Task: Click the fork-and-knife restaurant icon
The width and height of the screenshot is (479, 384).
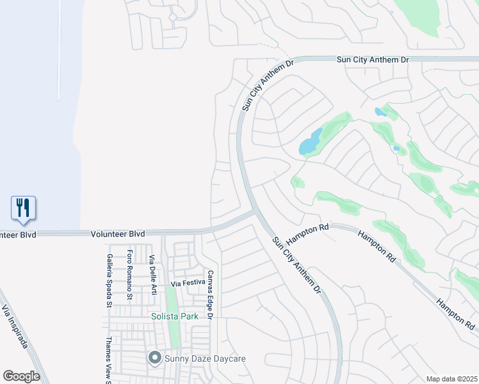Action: click(x=23, y=207)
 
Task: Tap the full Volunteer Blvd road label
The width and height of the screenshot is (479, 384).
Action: click(x=117, y=235)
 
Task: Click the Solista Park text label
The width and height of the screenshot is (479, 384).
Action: click(x=173, y=316)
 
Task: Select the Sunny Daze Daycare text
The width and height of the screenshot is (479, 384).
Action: click(x=205, y=358)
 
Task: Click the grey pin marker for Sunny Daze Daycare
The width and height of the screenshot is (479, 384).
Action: click(x=154, y=358)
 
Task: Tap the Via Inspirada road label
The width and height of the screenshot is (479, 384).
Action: click(x=15, y=327)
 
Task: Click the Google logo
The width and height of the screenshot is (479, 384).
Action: click(x=21, y=376)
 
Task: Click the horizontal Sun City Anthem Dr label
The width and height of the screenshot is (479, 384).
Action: click(x=373, y=60)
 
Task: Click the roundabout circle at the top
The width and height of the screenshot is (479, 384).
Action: click(x=172, y=17)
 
